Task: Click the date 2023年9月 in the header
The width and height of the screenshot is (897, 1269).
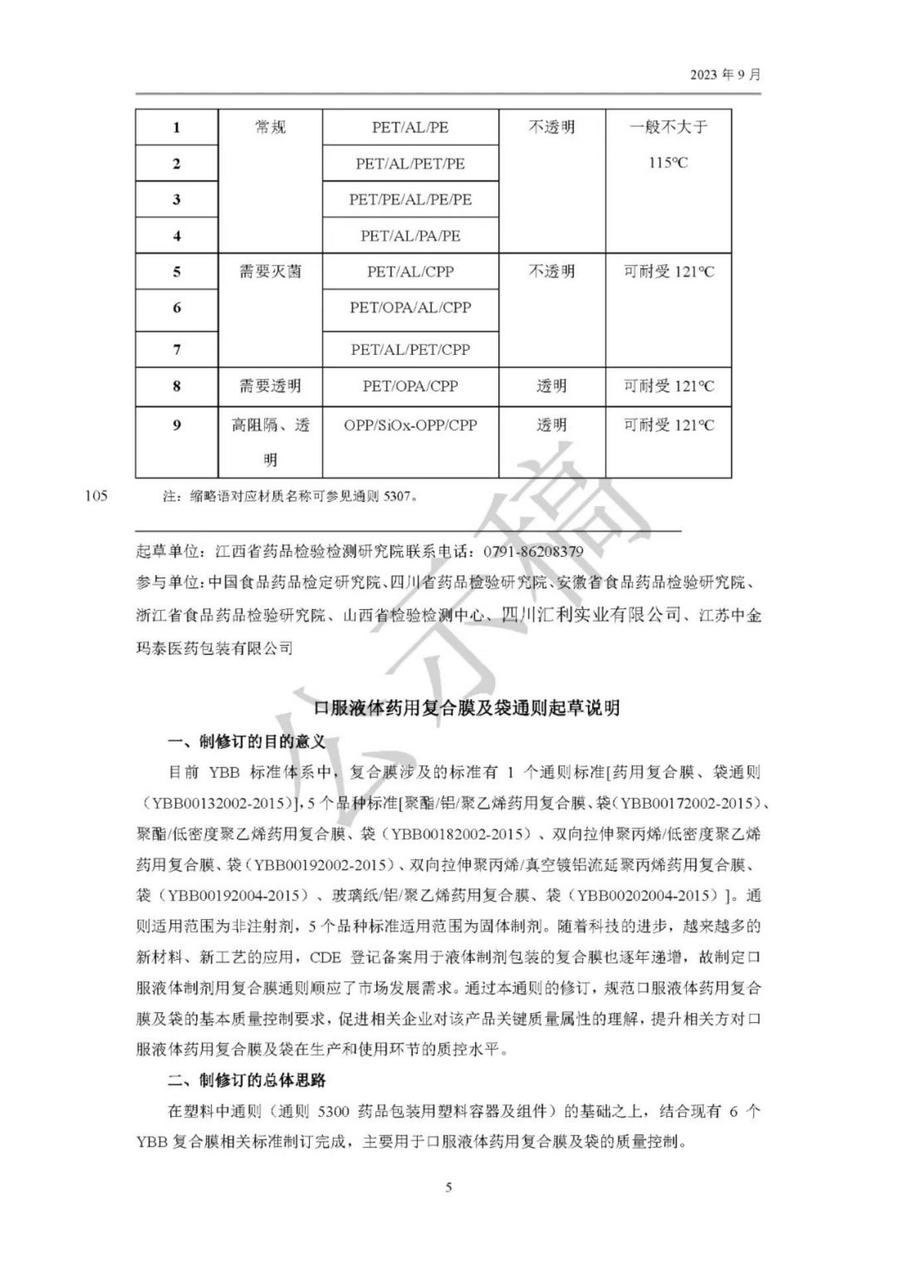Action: click(725, 74)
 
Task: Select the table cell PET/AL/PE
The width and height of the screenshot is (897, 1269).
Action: click(410, 128)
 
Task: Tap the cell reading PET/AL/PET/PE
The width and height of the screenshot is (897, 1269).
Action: click(410, 164)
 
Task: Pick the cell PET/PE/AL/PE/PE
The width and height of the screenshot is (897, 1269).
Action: click(410, 199)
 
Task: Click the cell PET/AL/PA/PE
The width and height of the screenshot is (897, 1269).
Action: click(410, 236)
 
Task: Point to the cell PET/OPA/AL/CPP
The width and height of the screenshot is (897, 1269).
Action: click(410, 308)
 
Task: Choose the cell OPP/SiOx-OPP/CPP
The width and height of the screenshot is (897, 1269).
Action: click(410, 425)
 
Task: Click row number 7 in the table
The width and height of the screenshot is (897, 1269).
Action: click(177, 350)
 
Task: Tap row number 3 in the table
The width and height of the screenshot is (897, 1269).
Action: click(177, 199)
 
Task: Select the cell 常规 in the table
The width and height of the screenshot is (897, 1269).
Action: click(270, 128)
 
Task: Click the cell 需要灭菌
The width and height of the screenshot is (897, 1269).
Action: click(270, 272)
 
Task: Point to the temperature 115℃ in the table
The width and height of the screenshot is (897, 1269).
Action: click(668, 163)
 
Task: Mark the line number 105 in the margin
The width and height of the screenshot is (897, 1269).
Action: click(96, 496)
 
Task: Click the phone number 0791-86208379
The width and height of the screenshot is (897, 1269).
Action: click(534, 552)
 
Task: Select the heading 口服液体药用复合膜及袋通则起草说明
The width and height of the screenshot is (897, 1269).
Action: click(466, 709)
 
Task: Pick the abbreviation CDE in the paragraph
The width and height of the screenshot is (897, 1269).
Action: click(325, 957)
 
